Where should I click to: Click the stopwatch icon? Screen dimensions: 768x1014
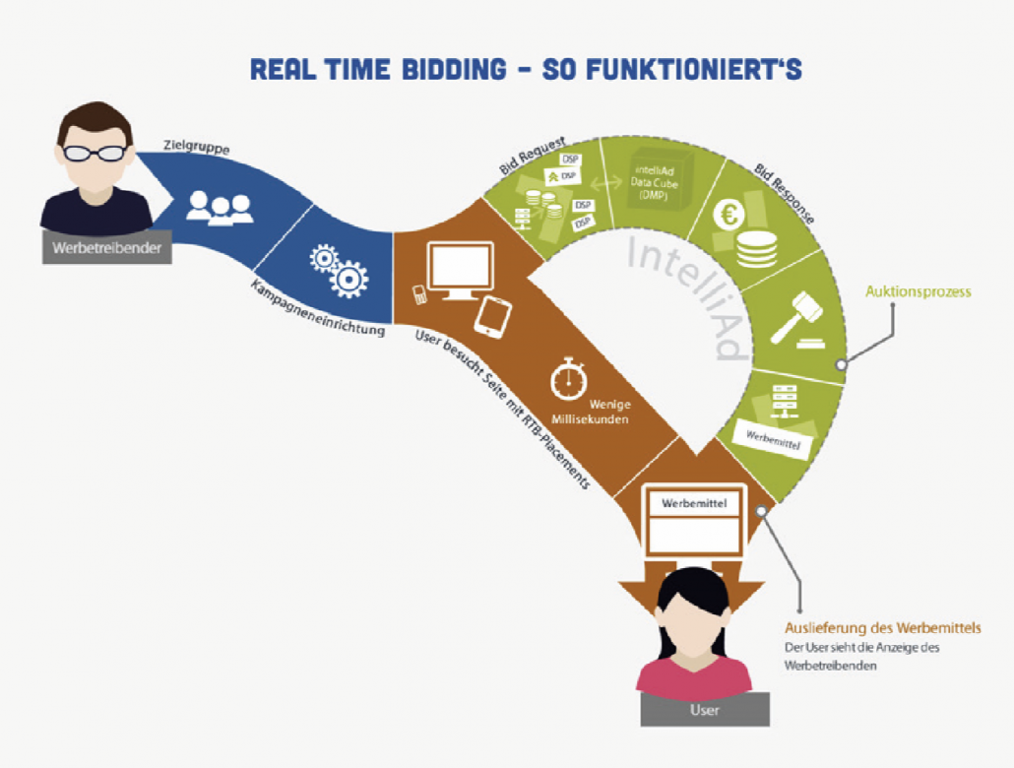pyautogui.click(x=569, y=381)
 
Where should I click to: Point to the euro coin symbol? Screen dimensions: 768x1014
pyautogui.click(x=729, y=214)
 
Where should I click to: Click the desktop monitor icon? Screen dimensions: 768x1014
pyautogui.click(x=459, y=270)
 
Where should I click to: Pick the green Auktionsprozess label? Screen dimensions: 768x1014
pyautogui.click(x=919, y=291)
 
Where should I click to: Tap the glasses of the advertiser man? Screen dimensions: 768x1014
pyautogui.click(x=94, y=153)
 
